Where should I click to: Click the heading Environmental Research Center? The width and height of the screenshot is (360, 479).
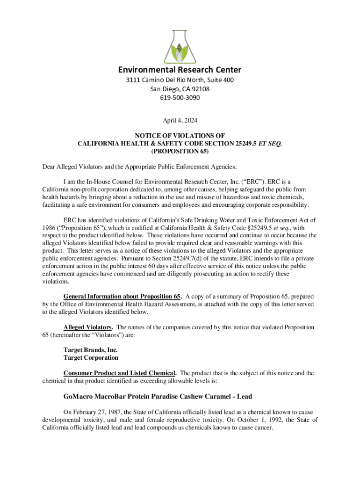click(180, 70)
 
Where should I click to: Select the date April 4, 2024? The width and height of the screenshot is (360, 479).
click(180, 120)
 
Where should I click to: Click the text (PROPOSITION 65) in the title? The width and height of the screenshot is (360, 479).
click(180, 152)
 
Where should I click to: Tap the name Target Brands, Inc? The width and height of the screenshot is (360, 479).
click(90, 349)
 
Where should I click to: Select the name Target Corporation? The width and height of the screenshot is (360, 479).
click(91, 357)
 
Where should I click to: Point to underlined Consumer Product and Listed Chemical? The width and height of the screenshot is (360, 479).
click(120, 373)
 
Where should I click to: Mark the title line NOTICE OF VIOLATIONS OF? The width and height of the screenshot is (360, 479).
click(180, 136)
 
